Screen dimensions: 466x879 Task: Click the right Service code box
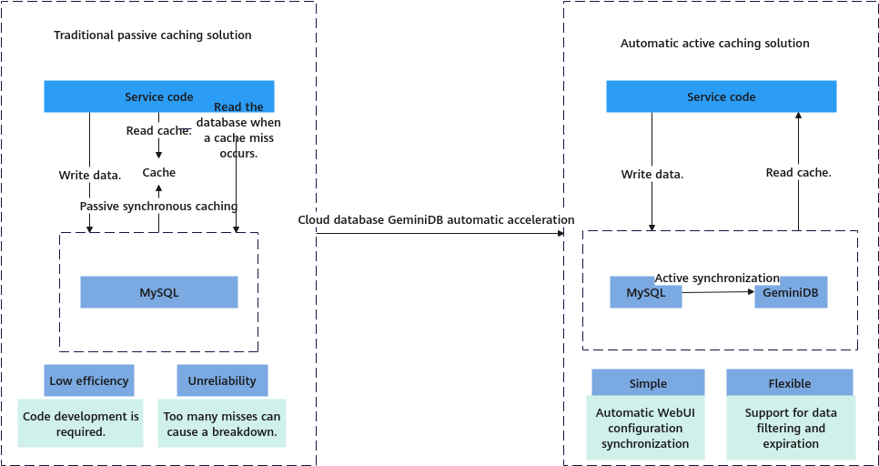point(721,96)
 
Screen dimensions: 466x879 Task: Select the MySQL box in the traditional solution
point(159,292)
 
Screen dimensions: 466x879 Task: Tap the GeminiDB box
point(791,293)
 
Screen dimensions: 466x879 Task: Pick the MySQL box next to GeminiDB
point(645,293)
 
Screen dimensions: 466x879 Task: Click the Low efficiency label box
point(89,380)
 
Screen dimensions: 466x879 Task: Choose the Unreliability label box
point(222,380)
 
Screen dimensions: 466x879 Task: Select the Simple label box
point(648,383)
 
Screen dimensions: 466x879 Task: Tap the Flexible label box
point(789,383)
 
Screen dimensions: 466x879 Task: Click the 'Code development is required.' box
point(81,423)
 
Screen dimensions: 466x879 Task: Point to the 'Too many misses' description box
point(222,423)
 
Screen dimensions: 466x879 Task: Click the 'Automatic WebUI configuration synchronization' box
point(644,428)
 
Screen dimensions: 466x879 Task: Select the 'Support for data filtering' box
point(791,428)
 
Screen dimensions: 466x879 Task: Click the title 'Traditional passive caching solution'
point(153,35)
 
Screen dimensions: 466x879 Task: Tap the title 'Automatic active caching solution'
point(714,43)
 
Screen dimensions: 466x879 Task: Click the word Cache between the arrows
point(159,172)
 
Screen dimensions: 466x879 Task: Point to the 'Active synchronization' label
point(717,278)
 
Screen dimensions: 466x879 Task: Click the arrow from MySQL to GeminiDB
point(718,292)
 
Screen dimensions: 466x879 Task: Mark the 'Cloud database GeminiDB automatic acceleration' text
point(436,219)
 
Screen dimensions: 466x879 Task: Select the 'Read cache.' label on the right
point(798,172)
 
